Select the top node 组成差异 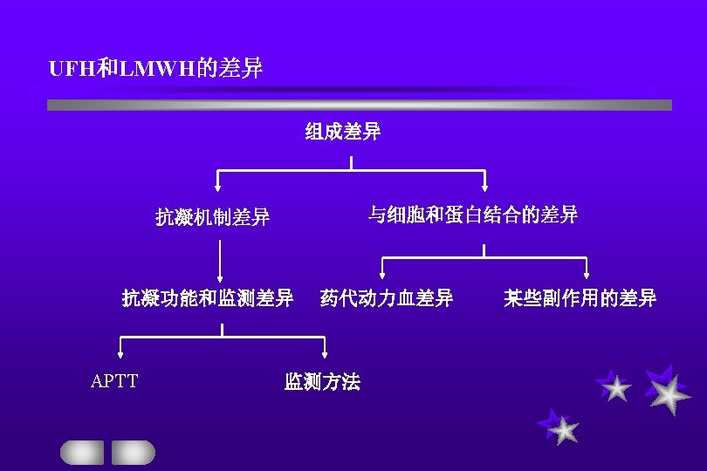(343, 133)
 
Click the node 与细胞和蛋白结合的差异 (472, 215)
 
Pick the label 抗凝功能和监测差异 (207, 299)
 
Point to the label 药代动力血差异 (387, 299)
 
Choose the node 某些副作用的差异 (580, 299)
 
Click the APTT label (114, 381)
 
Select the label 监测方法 (322, 382)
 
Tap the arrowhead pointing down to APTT (120, 354)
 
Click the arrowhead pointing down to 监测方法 (325, 354)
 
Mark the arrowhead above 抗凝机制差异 (218, 187)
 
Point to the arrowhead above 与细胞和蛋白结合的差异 (485, 187)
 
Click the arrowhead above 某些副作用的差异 (586, 275)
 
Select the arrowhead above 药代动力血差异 (382, 275)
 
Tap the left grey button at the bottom (81, 452)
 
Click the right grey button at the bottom (133, 452)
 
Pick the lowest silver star (564, 429)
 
